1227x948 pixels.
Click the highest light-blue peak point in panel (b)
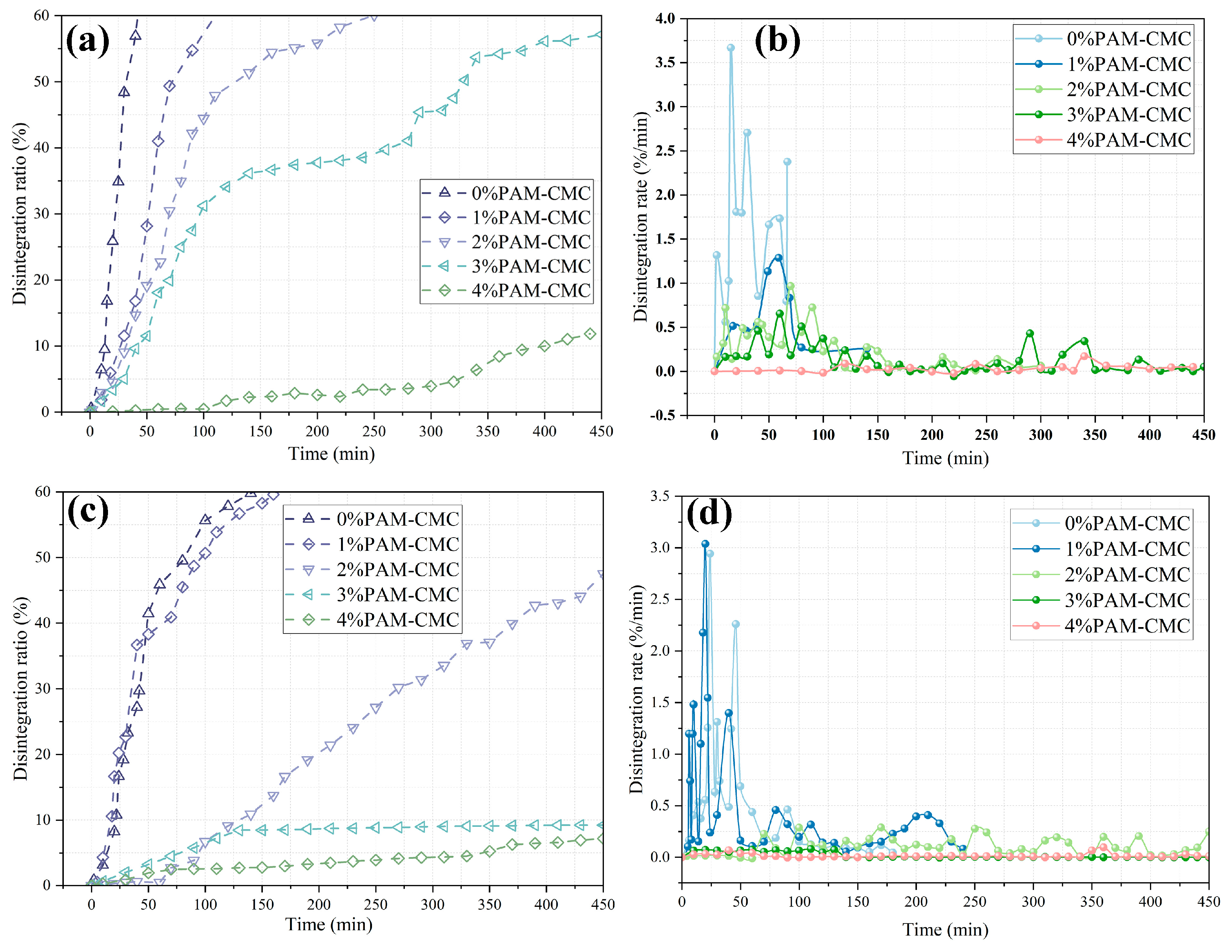(730, 48)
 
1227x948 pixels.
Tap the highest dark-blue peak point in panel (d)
(705, 544)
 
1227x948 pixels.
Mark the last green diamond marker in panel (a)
(590, 334)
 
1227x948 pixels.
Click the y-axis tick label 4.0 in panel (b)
(665, 18)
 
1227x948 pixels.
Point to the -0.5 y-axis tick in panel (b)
(662, 416)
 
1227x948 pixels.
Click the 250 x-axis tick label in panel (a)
(374, 431)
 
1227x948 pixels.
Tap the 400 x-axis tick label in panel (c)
(546, 904)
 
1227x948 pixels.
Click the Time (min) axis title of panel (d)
(945, 930)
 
